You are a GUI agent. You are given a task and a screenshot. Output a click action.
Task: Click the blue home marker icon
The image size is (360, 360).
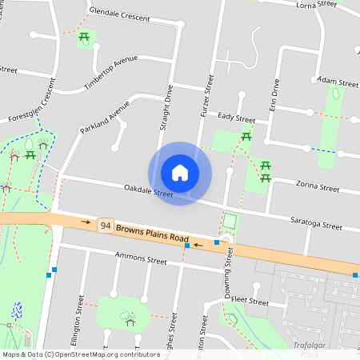180,173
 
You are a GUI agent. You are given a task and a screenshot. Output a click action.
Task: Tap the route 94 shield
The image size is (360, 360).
105,226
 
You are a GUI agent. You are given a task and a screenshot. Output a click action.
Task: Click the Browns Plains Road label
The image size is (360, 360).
152,234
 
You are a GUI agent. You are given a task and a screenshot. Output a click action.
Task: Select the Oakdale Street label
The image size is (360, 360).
148,191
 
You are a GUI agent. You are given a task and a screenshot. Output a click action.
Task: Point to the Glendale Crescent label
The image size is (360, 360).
119,15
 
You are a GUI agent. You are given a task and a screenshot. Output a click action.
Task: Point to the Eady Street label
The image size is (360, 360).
235,118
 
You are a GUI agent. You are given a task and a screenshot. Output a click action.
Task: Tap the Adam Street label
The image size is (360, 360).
338,82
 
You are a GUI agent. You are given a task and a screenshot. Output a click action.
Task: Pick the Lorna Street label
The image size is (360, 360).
317,5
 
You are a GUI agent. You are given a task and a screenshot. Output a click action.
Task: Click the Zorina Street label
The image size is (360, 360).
318,188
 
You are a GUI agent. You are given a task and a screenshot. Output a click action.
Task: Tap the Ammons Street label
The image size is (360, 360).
141,260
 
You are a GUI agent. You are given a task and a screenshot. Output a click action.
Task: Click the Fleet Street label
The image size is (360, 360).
248,302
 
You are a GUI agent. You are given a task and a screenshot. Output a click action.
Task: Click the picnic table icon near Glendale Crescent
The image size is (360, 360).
84,37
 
